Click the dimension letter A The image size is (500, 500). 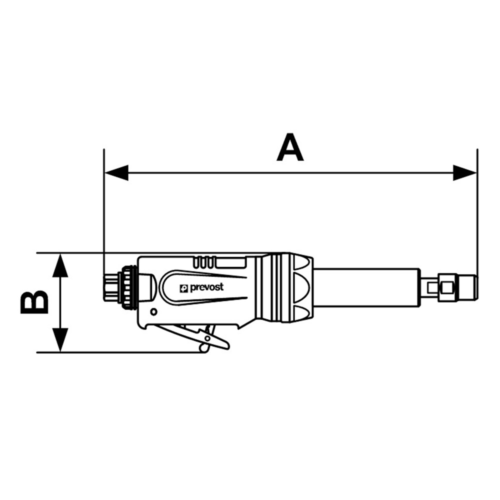[290, 148]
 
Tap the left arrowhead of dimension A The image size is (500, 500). [116, 173]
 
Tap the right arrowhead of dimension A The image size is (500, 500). [464, 173]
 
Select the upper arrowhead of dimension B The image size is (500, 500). [60, 265]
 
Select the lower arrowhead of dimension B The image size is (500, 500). [60, 339]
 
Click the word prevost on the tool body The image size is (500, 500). [206, 287]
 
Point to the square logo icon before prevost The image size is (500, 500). [184, 288]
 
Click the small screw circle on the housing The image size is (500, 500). [153, 312]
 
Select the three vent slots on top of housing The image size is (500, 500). [202, 261]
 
